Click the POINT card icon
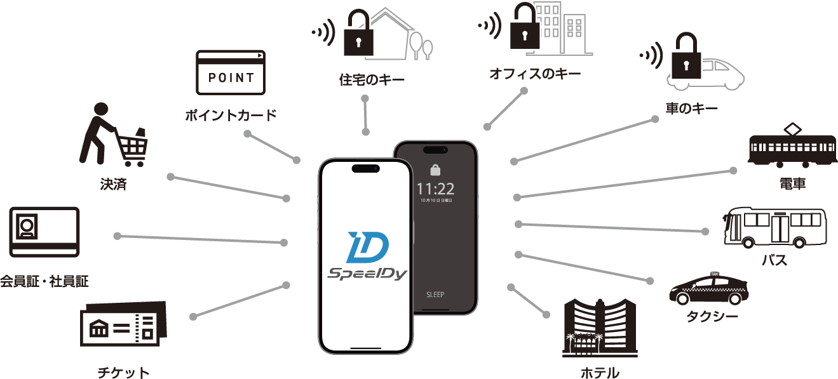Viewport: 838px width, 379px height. pos(231,73)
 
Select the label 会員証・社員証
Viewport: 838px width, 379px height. pos(44,281)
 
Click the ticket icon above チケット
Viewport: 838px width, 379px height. pos(123,327)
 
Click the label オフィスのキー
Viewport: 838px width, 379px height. pos(535,74)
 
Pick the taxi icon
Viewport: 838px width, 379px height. pos(708,289)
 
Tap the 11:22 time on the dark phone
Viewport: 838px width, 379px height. pos(435,189)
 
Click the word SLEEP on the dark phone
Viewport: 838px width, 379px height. pos(435,295)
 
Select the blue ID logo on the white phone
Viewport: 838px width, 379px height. pos(368,248)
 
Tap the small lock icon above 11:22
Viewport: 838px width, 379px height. pos(435,170)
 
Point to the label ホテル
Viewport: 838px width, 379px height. pos(600,373)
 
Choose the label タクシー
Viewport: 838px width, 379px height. pos(712,315)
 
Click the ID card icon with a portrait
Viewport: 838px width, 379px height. pos(44,230)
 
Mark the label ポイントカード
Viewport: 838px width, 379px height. pos(231,116)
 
